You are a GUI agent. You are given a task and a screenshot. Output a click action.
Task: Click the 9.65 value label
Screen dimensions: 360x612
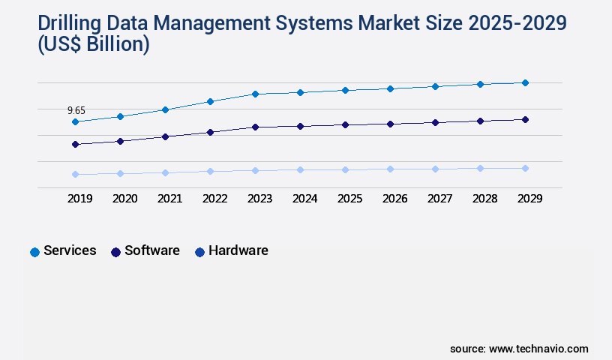point(76,110)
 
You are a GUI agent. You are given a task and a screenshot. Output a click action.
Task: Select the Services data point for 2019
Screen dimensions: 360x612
point(75,121)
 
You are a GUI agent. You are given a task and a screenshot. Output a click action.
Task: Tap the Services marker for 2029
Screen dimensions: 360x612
point(525,82)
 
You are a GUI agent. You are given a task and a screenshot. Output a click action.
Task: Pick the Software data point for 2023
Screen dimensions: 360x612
point(255,127)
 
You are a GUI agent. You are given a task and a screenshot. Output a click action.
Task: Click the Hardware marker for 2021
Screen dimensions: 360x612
point(165,172)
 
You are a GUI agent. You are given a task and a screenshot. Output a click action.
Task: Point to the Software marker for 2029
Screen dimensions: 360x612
point(525,119)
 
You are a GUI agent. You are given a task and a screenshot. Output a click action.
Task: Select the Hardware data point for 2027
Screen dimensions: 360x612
point(435,169)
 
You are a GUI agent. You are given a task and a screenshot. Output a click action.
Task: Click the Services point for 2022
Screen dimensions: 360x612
point(210,101)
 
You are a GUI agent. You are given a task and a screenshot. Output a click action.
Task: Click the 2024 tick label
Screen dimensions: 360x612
point(304,199)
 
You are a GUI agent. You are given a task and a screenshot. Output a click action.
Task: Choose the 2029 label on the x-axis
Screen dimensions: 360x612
point(529,199)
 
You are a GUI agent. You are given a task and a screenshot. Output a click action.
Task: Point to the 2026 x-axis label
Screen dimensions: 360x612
point(394,199)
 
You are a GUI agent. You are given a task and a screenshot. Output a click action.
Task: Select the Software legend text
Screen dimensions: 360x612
point(151,250)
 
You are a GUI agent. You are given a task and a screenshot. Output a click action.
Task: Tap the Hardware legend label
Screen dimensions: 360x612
point(238,250)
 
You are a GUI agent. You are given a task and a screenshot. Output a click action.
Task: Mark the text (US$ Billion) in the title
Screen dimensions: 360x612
point(82,45)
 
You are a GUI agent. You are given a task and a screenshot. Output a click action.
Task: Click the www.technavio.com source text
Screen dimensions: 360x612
point(538,349)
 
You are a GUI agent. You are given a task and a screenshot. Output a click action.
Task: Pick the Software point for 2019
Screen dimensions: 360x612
point(75,144)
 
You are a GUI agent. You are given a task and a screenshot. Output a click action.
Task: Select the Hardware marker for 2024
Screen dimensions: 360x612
point(300,169)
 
